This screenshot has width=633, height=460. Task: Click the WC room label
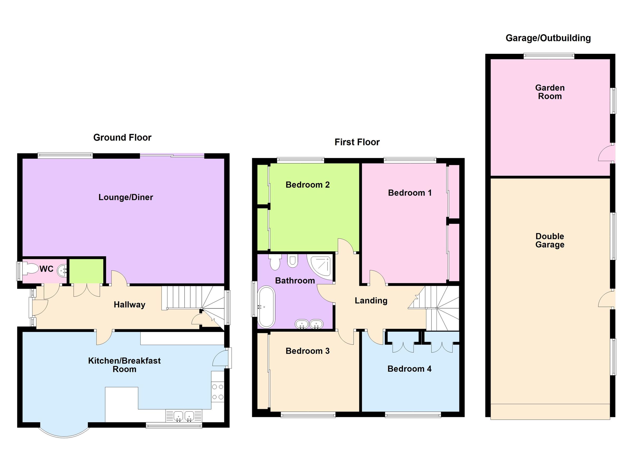pos(46,269)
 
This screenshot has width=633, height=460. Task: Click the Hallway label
pos(129,305)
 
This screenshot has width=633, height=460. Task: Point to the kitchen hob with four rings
pos(218,392)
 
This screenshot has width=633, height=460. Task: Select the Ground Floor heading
pos(122,138)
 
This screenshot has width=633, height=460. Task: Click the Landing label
pos(371,301)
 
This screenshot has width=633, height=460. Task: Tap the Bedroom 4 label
pos(409,369)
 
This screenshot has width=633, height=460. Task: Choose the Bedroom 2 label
pos(308,185)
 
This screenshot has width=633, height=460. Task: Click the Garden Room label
pos(550,92)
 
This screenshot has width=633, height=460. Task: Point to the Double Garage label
pos(550,240)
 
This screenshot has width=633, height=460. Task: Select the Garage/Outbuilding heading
pos(548,38)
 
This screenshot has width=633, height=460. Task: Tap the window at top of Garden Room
pos(549,56)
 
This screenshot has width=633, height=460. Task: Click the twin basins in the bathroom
pos(309,324)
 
